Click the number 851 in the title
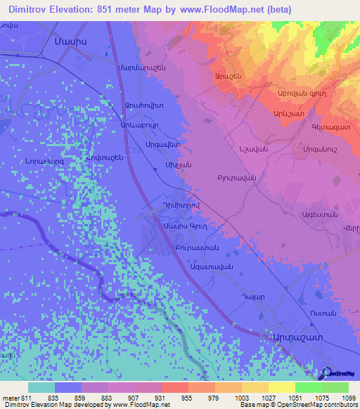122,10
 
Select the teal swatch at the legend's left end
41,387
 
